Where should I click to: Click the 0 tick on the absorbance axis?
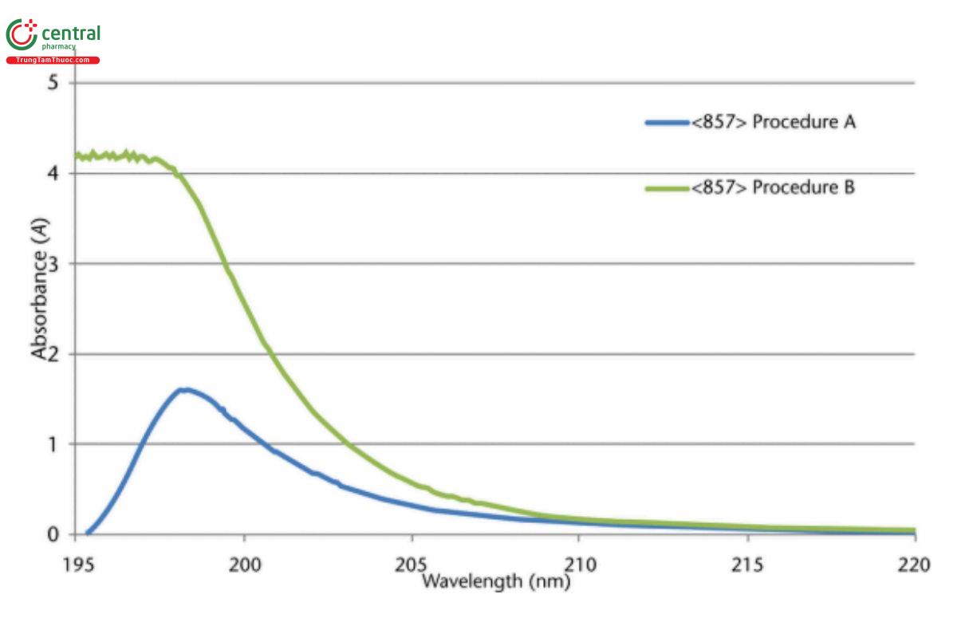click(53, 534)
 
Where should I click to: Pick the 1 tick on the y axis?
click(53, 444)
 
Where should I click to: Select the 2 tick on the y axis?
click(53, 354)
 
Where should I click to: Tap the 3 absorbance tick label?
click(53, 264)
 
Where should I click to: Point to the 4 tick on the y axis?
click(53, 174)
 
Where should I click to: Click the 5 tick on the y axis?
click(53, 83)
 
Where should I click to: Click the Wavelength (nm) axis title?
click(495, 581)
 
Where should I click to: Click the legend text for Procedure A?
click(774, 122)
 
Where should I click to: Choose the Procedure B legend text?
click(774, 188)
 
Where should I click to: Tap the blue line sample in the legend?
click(666, 123)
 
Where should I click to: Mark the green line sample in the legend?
click(666, 189)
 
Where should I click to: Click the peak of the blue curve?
click(184, 390)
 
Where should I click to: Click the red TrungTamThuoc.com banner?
click(53, 61)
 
